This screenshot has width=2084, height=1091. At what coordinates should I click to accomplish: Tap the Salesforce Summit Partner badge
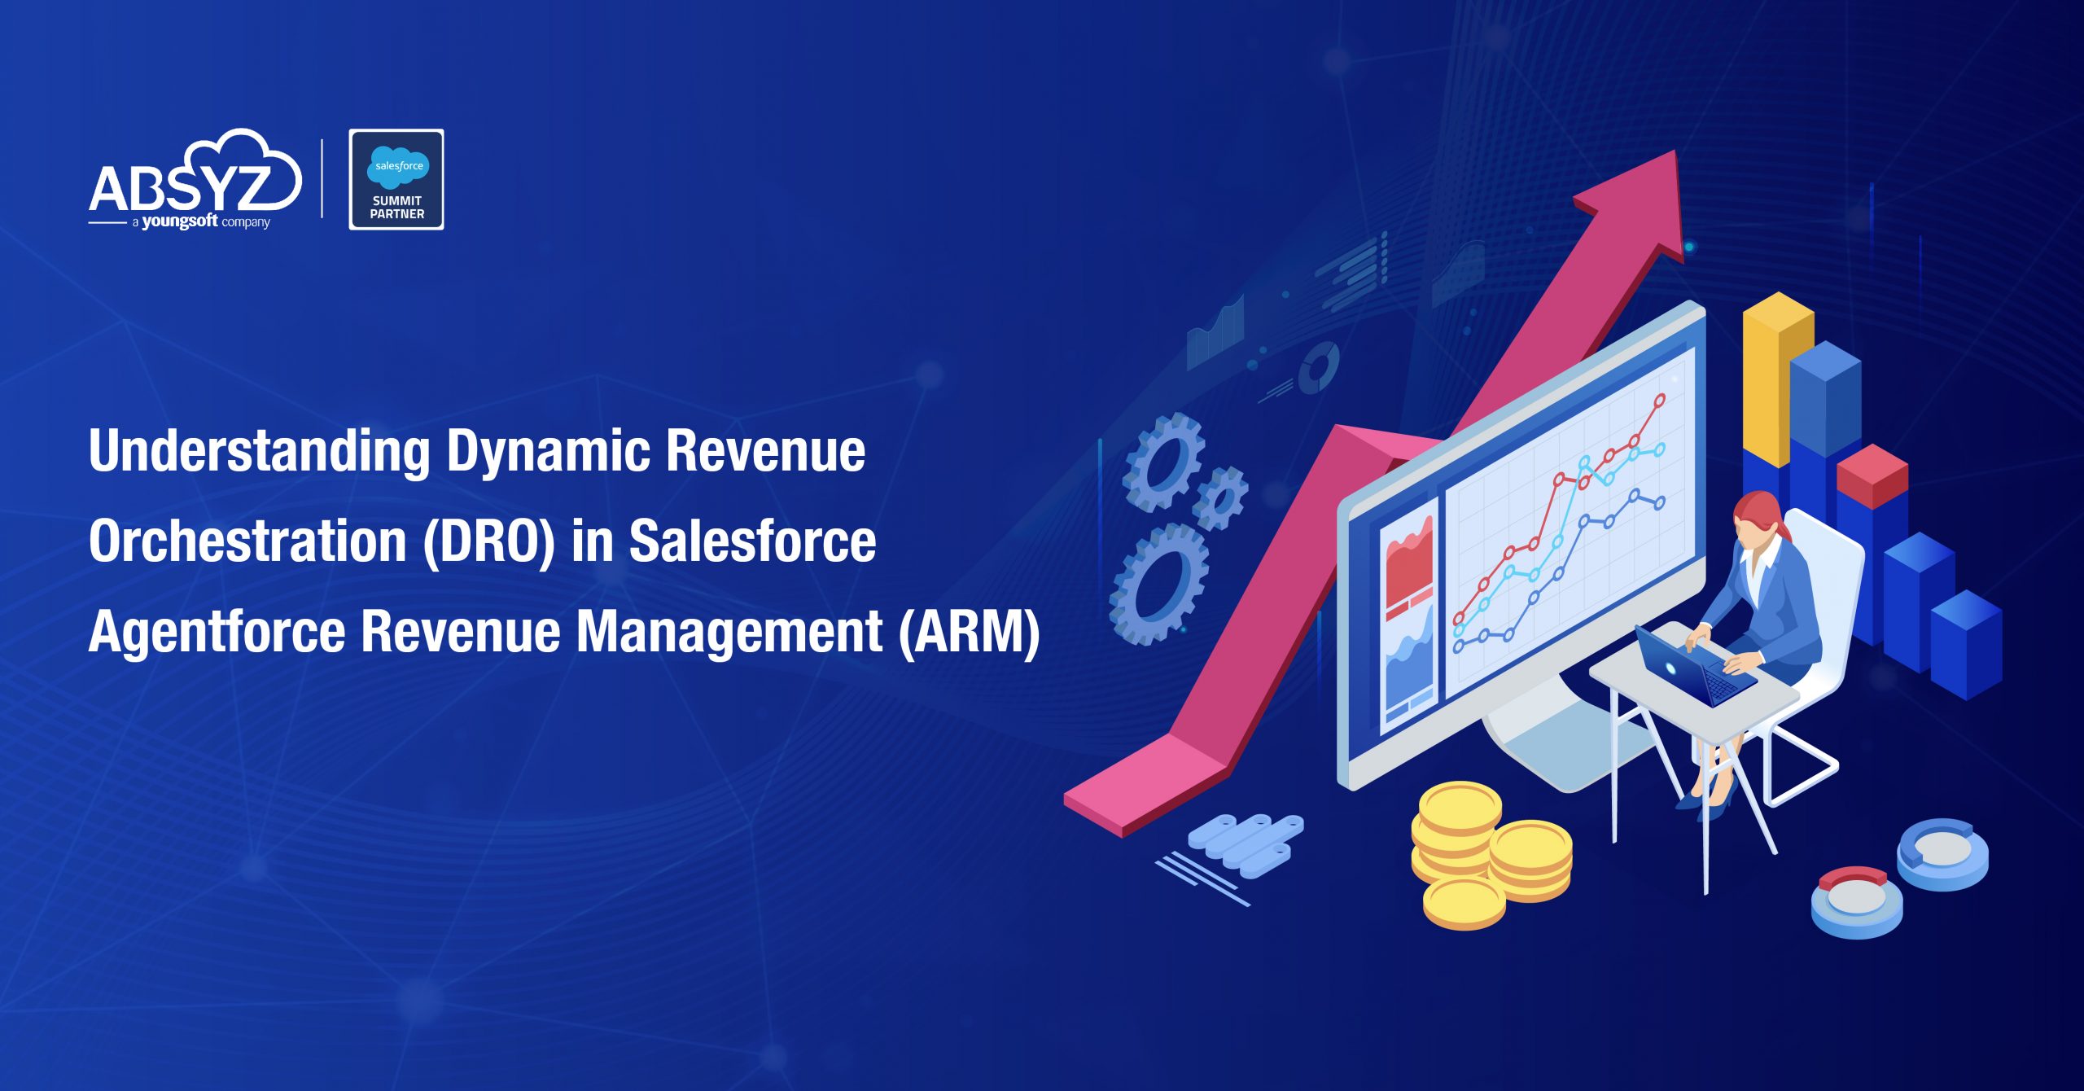tap(396, 179)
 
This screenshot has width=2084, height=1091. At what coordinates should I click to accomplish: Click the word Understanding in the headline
tap(259, 452)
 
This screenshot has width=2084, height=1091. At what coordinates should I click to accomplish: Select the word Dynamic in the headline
tap(548, 452)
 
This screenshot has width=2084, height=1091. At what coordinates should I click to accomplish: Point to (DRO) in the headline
tap(488, 542)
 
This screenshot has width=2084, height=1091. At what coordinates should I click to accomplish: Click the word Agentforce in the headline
tap(217, 632)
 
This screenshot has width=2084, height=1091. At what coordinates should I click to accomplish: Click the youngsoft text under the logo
tap(180, 221)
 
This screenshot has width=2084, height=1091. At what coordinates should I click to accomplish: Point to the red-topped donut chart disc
tap(1856, 900)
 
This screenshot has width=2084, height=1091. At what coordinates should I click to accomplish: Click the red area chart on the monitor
tap(1409, 562)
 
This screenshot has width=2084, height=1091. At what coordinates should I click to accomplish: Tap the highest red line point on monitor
tap(1659, 400)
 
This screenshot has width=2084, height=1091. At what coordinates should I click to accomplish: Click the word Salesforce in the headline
tap(752, 542)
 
